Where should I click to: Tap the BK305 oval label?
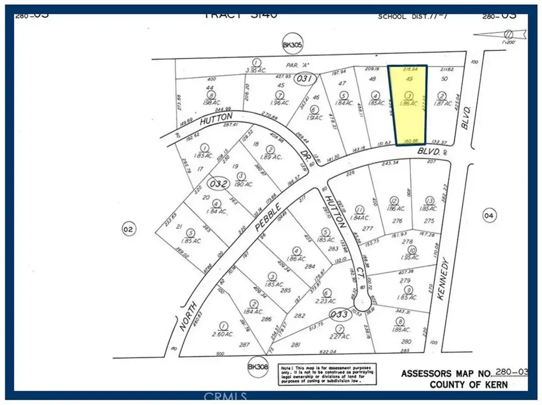pyautogui.click(x=292, y=46)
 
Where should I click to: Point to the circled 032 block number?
pyautogui.click(x=219, y=184)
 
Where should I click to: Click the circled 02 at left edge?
pyautogui.click(x=129, y=229)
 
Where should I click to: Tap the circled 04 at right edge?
pyautogui.click(x=489, y=215)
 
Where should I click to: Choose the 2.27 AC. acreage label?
pyautogui.click(x=340, y=336)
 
